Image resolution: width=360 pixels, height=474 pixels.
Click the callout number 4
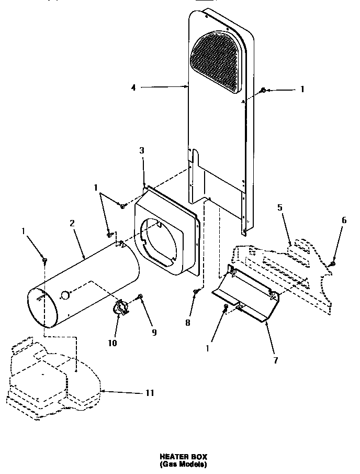(133, 88)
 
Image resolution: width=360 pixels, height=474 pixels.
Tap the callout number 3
(142, 151)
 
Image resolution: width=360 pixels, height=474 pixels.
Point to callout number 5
(279, 207)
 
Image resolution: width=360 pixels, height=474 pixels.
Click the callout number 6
(344, 221)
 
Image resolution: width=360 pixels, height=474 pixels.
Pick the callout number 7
(275, 360)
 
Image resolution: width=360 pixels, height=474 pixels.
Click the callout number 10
(113, 343)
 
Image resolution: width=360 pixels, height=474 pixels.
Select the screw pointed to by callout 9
(140, 297)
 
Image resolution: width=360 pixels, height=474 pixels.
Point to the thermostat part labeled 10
(121, 308)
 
